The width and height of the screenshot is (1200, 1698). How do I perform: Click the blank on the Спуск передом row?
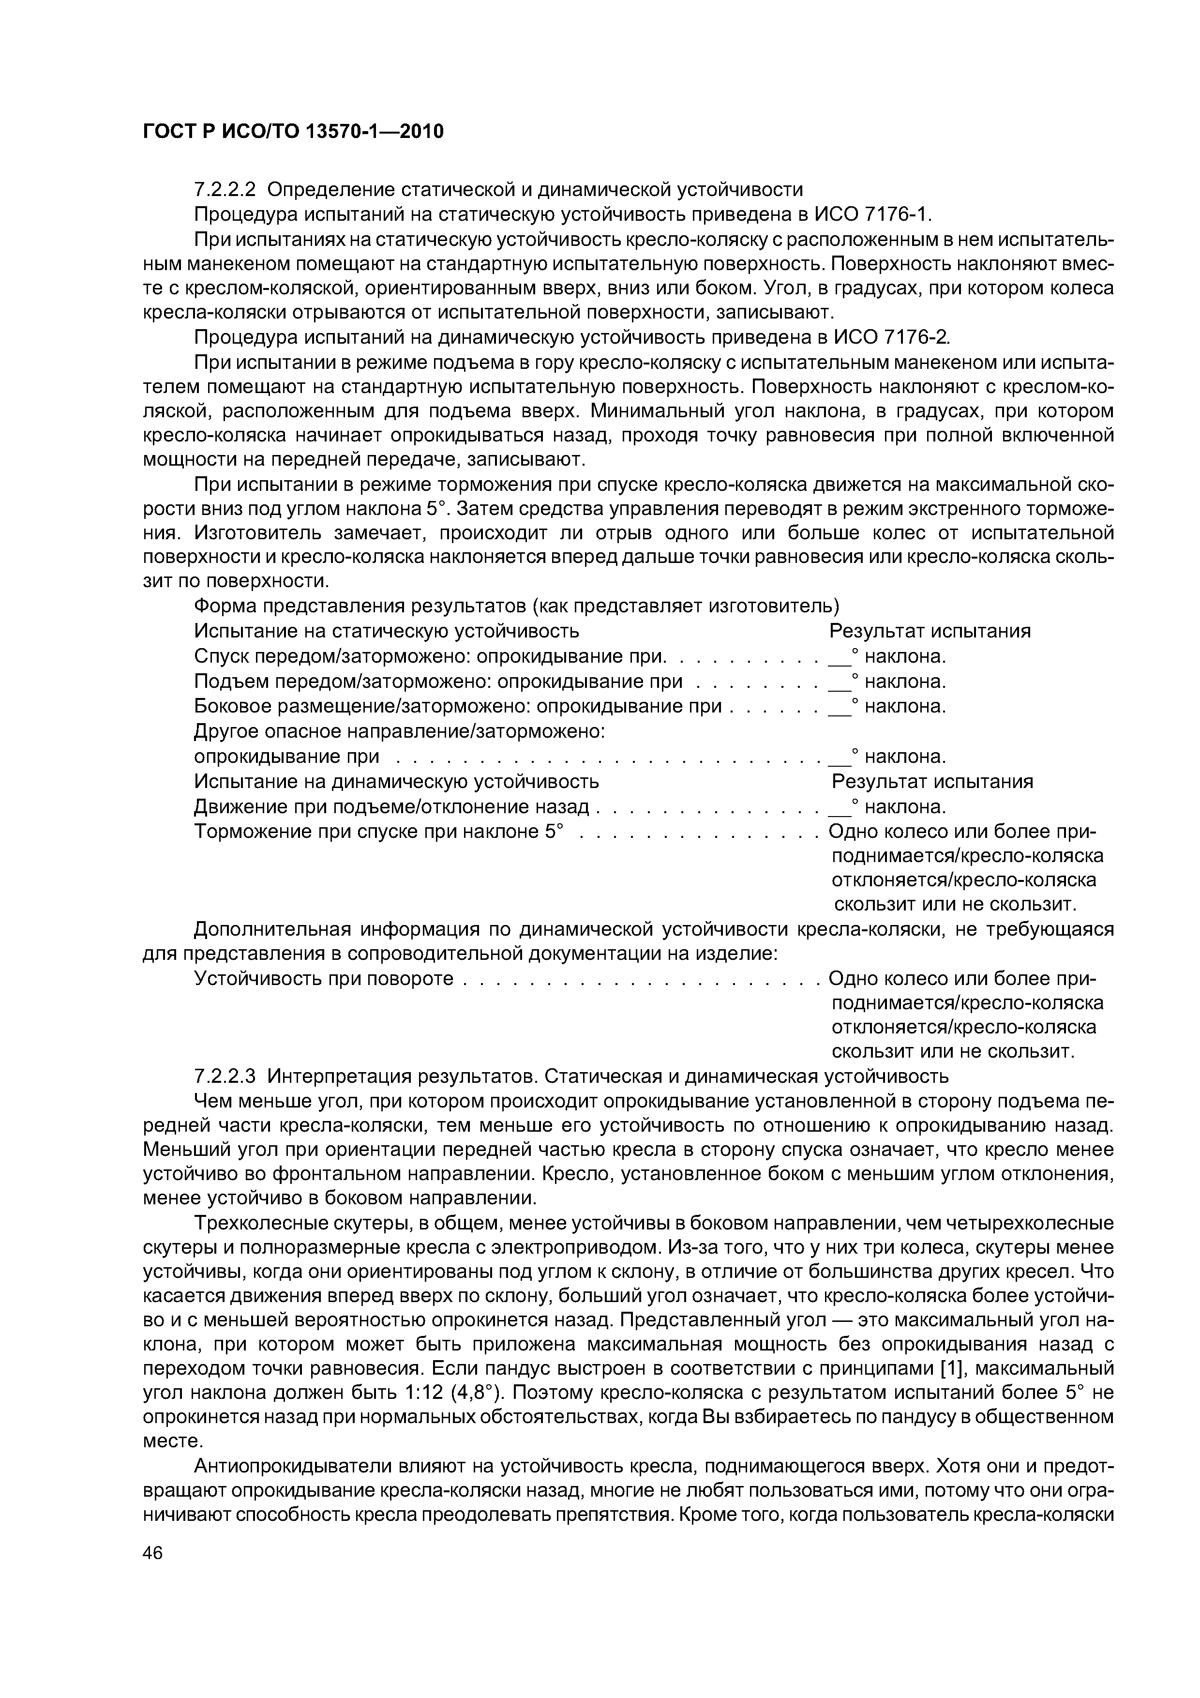(x=839, y=657)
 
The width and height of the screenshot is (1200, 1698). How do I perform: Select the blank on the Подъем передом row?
(x=839, y=682)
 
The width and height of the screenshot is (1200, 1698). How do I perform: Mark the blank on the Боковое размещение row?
(x=839, y=707)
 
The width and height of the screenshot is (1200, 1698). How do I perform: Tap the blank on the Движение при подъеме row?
(x=839, y=807)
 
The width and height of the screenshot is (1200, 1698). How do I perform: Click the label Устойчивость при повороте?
(x=323, y=978)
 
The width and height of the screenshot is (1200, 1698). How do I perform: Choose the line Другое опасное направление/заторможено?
(x=399, y=731)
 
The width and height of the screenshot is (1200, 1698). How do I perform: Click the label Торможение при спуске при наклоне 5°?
(x=378, y=831)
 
